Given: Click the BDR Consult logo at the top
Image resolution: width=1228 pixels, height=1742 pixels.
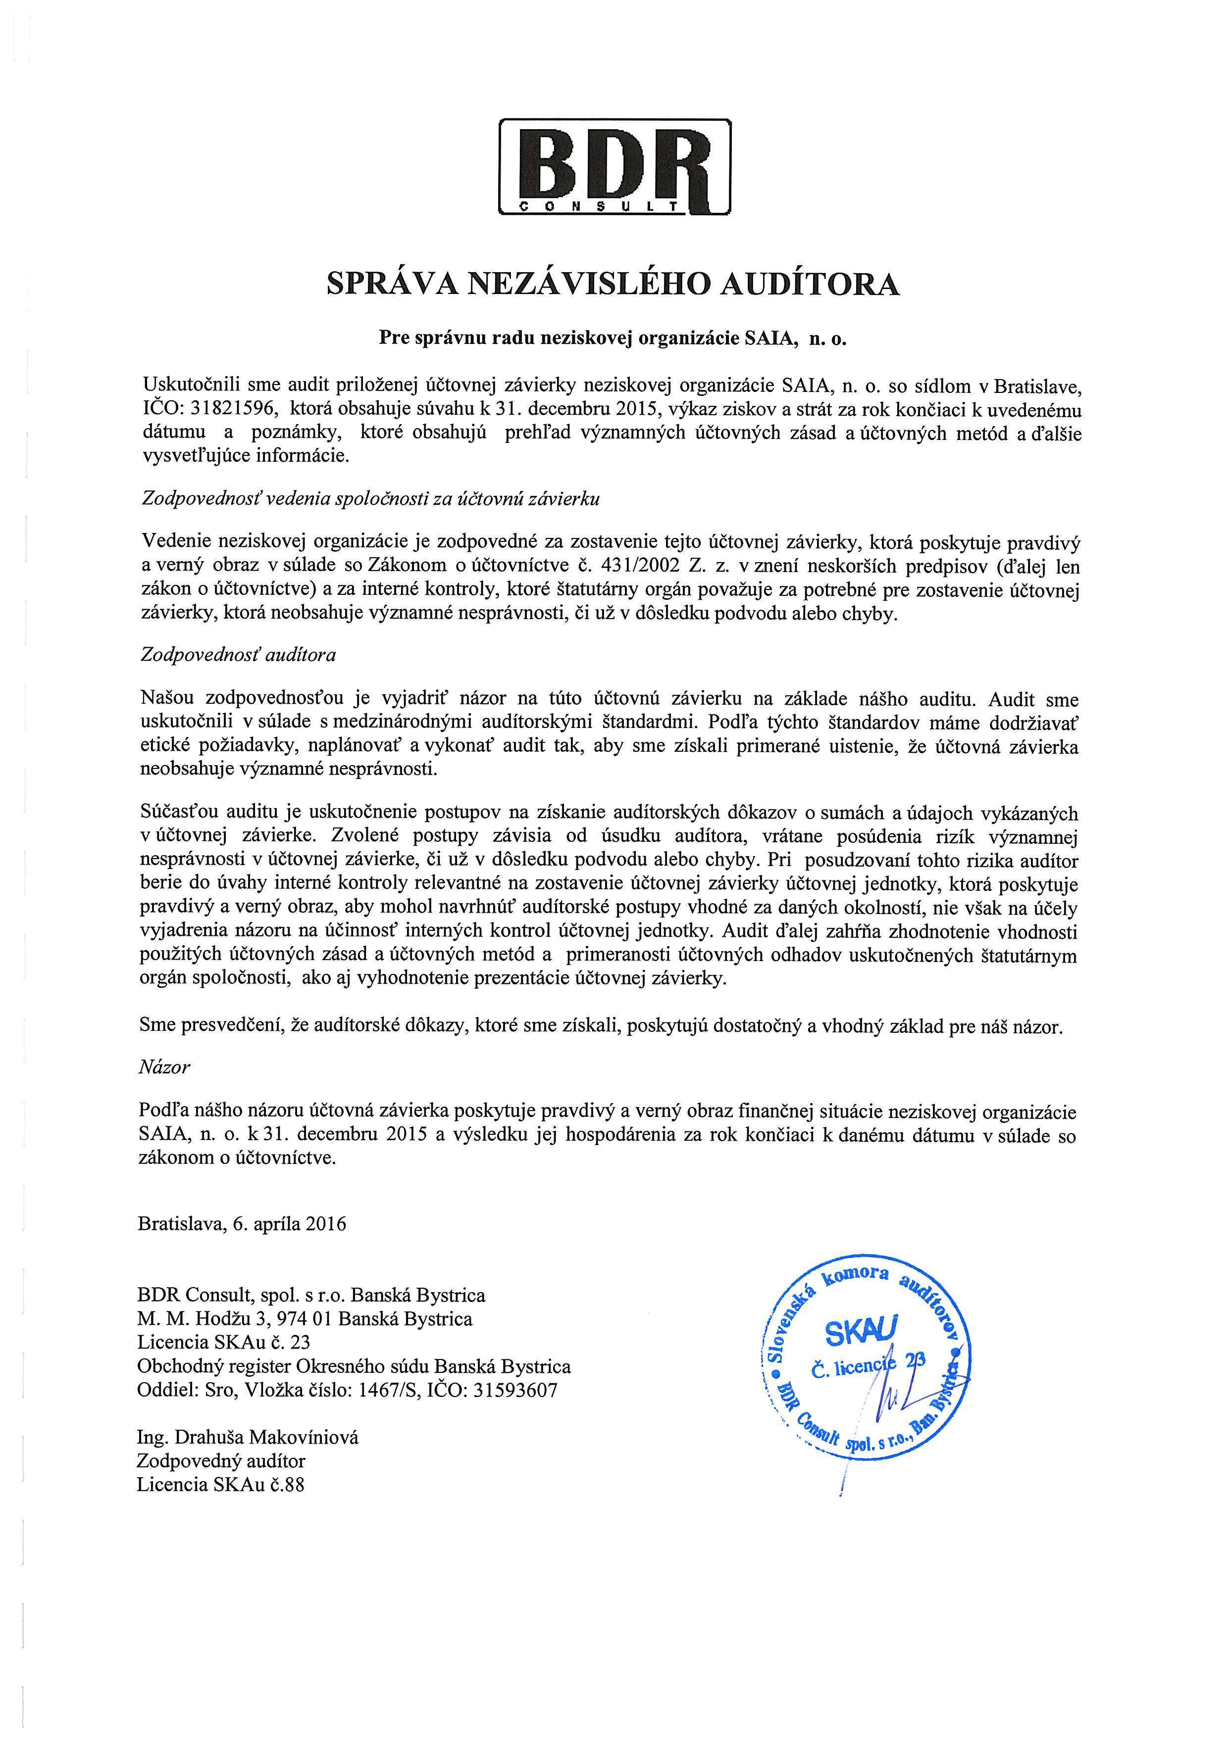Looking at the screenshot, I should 613,167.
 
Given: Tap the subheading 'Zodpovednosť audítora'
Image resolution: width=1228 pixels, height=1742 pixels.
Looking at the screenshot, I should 238,655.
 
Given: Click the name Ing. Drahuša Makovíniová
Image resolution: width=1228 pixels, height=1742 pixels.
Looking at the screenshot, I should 248,1437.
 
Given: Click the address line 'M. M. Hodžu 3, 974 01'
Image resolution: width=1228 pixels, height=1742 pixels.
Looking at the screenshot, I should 305,1319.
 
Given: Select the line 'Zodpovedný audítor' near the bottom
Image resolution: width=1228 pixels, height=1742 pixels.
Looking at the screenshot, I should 221,1460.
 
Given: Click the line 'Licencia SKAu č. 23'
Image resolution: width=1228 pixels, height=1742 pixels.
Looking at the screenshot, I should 224,1342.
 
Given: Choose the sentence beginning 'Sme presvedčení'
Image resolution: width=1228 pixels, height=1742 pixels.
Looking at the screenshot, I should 601,1026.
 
